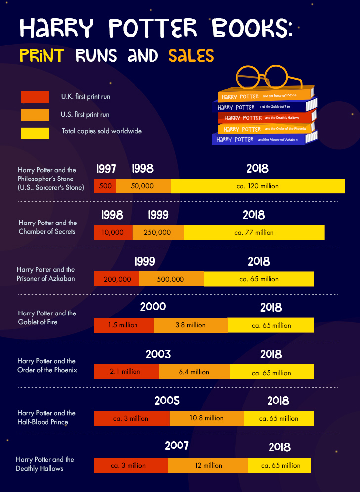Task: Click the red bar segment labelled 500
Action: click(x=105, y=186)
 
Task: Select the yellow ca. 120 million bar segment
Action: click(x=257, y=186)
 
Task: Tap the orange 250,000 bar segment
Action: click(x=158, y=232)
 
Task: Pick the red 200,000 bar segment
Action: click(x=117, y=279)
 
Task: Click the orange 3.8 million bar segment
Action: click(x=190, y=325)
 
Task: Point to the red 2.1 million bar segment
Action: click(x=126, y=372)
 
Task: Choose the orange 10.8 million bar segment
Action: click(x=207, y=418)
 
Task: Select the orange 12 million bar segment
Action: click(x=208, y=465)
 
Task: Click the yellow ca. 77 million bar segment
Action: click(x=254, y=232)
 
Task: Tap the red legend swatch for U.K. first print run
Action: click(x=35, y=97)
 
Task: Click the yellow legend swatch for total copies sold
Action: click(x=35, y=133)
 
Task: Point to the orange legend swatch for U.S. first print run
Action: click(x=35, y=115)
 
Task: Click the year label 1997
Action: click(x=107, y=169)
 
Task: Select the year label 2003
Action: click(x=158, y=354)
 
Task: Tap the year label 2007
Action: click(x=177, y=446)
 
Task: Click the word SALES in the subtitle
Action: click(x=191, y=55)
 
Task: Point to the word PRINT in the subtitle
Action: click(x=42, y=55)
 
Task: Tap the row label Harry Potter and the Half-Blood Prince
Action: click(x=46, y=417)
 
